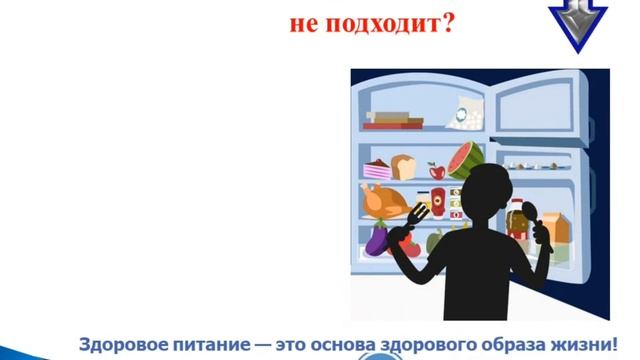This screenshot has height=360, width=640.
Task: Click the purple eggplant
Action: [x=379, y=241]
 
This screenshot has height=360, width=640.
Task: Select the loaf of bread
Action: [x=404, y=166]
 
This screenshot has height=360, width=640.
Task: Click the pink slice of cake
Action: [x=378, y=169]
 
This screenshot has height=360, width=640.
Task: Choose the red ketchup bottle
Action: [x=437, y=199]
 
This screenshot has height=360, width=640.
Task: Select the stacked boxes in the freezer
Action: [x=394, y=120]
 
